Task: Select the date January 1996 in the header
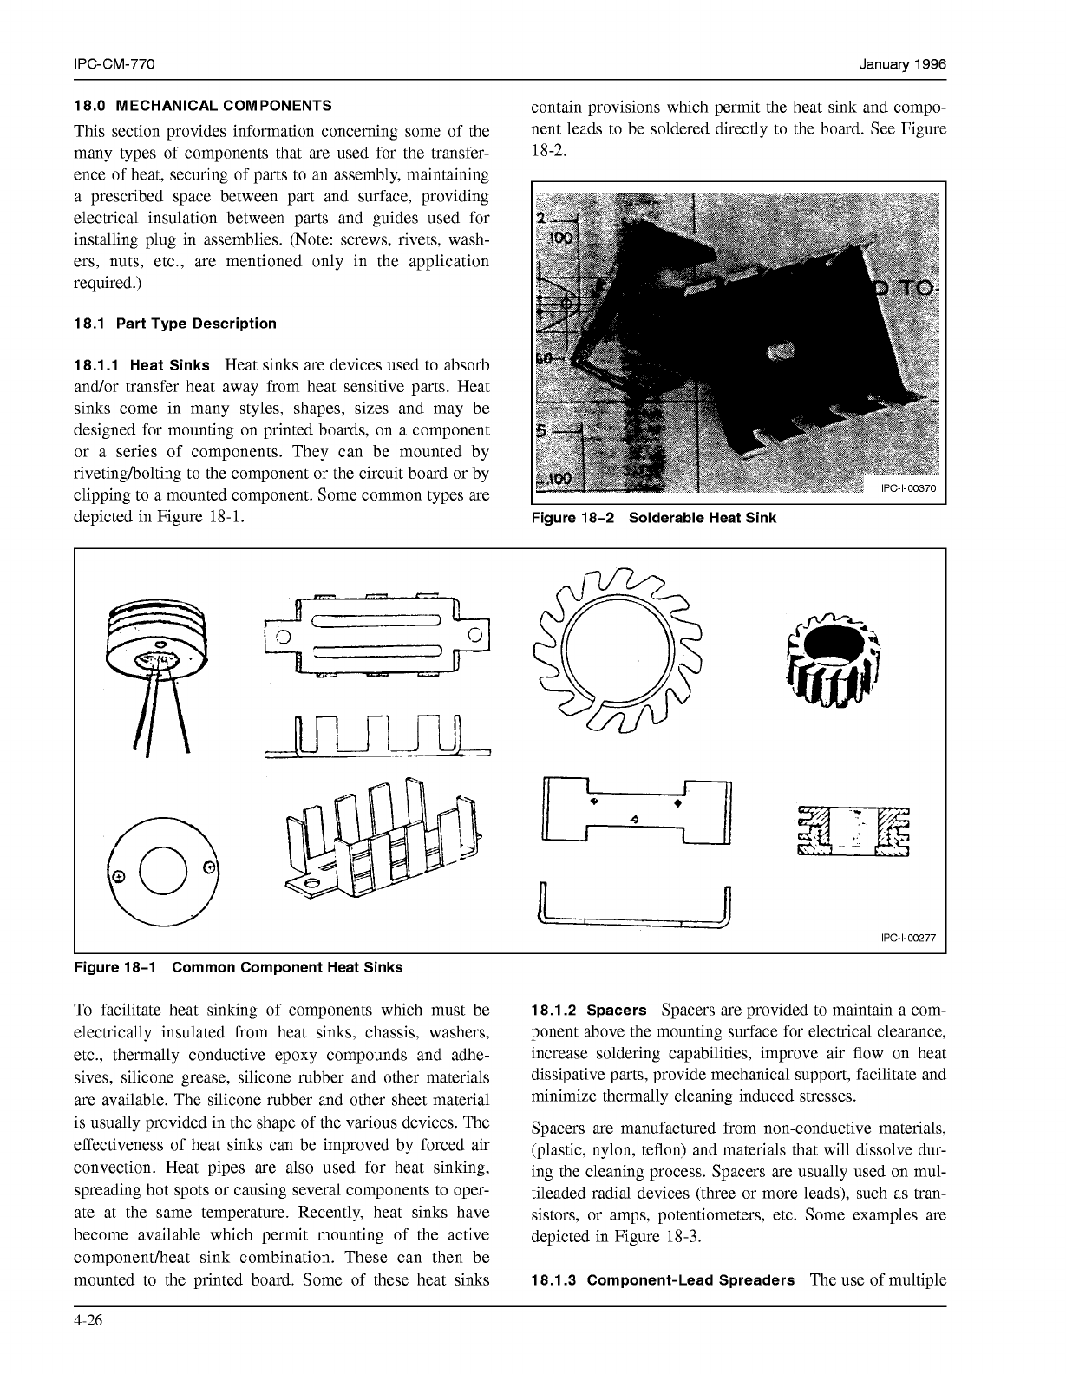point(902,65)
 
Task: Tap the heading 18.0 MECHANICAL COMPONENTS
point(203,106)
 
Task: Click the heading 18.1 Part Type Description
point(175,324)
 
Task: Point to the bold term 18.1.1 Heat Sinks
point(142,365)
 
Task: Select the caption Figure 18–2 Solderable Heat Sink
point(654,518)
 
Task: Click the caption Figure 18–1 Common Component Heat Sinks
point(239,967)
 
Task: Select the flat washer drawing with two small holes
point(165,870)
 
